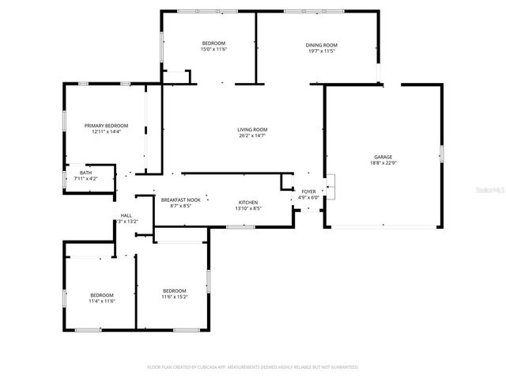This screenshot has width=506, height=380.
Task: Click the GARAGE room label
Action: click(x=383, y=157)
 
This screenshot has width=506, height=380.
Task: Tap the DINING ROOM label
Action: click(x=322, y=45)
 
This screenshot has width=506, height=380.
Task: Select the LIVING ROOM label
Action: click(x=252, y=130)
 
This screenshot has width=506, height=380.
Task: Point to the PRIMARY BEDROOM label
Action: click(x=106, y=125)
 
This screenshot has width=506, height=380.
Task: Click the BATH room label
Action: click(x=85, y=173)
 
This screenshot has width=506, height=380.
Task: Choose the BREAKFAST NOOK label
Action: click(x=180, y=200)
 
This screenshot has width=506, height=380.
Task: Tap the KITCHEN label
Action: click(x=247, y=203)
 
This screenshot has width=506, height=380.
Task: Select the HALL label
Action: click(x=126, y=215)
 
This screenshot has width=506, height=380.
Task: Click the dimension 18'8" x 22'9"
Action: click(x=383, y=163)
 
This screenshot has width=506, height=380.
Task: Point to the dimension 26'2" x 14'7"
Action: click(x=252, y=136)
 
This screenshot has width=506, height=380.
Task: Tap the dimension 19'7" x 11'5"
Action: click(x=322, y=51)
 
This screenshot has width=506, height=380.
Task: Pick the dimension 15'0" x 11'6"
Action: click(x=213, y=49)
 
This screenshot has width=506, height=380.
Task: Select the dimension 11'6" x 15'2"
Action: click(x=174, y=297)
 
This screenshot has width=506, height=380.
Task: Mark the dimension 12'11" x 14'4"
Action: click(x=106, y=131)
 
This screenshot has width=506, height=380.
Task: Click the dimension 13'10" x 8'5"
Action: click(x=247, y=209)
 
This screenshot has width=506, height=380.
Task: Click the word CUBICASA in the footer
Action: click(x=209, y=367)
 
